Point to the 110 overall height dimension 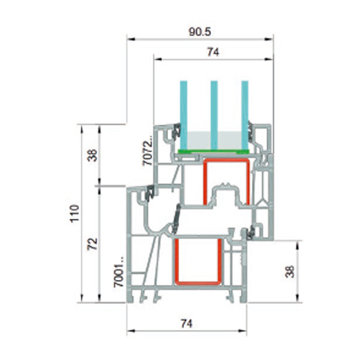pos(74,214)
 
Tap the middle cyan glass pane pos(214,112)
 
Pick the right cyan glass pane pos(242,112)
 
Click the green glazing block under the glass pos(213,150)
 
